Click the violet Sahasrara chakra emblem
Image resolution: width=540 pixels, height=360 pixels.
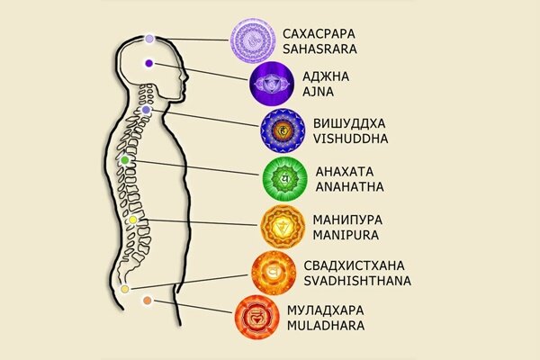click(x=253, y=40)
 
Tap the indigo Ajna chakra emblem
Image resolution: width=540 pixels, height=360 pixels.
click(x=272, y=85)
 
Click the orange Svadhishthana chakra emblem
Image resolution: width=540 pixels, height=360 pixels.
click(x=274, y=271)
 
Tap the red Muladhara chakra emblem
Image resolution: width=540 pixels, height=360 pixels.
click(x=255, y=316)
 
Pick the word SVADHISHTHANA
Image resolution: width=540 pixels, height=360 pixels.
click(x=357, y=280)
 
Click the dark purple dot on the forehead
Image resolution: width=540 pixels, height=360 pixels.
click(x=148, y=64)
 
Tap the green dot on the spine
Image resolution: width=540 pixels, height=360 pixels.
click(x=125, y=160)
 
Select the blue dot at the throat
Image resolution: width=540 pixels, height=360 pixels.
click(x=146, y=110)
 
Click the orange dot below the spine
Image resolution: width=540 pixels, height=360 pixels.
click(x=147, y=301)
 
